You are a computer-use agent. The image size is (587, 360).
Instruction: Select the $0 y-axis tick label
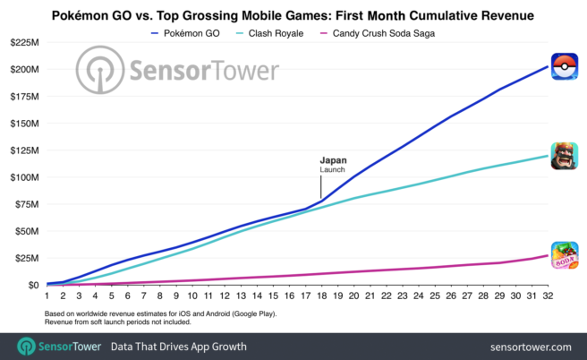coord(32,285)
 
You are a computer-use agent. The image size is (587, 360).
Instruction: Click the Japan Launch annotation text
coord(333,164)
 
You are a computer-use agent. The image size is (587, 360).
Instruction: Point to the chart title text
coord(293,13)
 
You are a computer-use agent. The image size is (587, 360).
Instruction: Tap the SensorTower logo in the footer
coord(63,346)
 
